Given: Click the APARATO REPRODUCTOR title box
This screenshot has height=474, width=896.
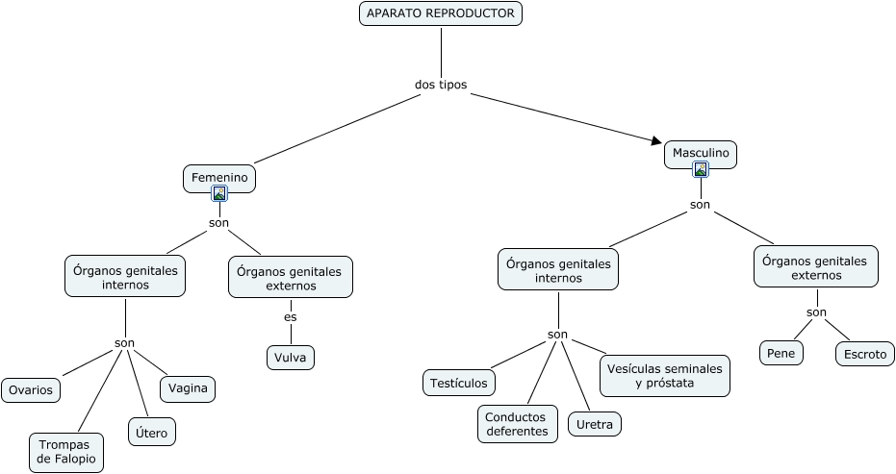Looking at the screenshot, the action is [x=441, y=13].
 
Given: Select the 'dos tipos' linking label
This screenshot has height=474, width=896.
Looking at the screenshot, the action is [x=441, y=85].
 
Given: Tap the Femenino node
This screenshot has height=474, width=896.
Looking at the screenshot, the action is [x=219, y=178].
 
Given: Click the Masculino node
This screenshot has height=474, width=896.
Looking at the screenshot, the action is [x=701, y=154].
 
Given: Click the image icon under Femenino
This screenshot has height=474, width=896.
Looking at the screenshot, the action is [x=219, y=193].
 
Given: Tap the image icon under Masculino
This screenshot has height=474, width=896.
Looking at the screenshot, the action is [x=701, y=169].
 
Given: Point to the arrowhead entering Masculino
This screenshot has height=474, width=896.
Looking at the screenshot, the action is [x=656, y=140].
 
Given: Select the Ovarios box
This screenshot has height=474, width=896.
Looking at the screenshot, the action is [x=31, y=390].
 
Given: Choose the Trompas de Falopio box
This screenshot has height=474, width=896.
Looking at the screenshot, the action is [x=66, y=452].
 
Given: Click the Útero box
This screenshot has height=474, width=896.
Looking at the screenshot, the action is [x=152, y=433].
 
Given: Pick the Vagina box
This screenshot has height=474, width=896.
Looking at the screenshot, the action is [x=188, y=388].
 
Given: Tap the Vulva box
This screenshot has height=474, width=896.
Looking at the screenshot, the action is [x=291, y=358].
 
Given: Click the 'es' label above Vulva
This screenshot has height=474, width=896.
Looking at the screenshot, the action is [x=291, y=317].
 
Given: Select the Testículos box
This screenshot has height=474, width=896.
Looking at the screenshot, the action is [x=459, y=383].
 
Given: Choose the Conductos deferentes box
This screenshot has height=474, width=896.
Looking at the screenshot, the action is [x=517, y=424].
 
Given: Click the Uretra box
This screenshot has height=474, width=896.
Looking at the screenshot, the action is [x=595, y=424].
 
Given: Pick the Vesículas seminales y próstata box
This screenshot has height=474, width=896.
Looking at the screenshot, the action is [x=665, y=376].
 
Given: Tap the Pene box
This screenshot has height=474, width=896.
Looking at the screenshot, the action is [x=781, y=353].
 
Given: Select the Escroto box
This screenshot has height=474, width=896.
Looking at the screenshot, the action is [x=865, y=354].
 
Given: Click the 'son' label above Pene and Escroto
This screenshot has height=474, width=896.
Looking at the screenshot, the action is [x=816, y=312].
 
